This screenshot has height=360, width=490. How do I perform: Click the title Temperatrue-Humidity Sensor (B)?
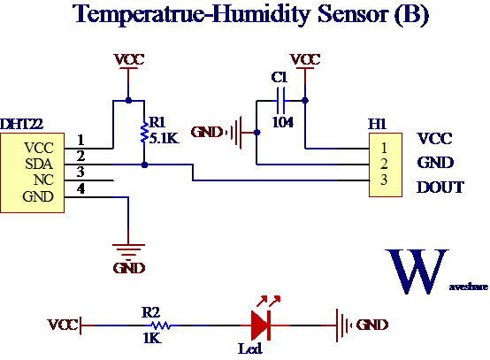pos(250,15)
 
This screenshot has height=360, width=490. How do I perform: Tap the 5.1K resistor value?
pos(165,138)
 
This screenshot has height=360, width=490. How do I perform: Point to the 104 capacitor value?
pos(282,122)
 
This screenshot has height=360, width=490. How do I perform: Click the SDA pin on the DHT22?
pos(39,164)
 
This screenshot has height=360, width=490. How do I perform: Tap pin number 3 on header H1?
pos(383,180)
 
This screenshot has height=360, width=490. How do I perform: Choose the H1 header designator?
pos(377,124)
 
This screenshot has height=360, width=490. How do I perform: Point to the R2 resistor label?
pos(150,312)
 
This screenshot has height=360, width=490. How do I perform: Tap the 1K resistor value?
pos(150,338)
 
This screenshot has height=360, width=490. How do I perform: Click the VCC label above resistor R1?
pos(129,60)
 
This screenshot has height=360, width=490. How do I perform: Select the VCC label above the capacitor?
pos(305,59)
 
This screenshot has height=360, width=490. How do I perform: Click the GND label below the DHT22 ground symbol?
pos(129,268)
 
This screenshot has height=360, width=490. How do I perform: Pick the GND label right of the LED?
pos(372,325)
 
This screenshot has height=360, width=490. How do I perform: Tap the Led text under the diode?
pos(250,349)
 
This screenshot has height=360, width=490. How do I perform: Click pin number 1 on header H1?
pos(383,147)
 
